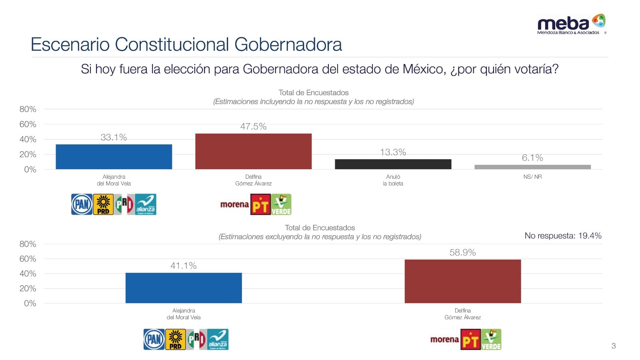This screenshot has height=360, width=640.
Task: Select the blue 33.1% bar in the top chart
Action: click(114, 157)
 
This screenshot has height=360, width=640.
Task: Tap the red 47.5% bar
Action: click(253, 151)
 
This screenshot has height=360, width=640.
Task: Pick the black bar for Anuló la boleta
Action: click(393, 164)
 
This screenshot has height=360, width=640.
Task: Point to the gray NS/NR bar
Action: click(532, 167)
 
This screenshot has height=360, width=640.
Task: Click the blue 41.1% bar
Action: click(184, 288)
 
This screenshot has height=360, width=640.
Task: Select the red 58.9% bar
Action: click(462, 281)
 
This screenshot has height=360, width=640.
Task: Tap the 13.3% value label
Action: click(393, 152)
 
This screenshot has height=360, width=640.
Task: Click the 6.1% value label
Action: click(532, 158)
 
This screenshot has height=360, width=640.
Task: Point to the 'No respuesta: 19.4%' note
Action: click(563, 236)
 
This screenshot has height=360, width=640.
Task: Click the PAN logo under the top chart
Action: click(82, 204)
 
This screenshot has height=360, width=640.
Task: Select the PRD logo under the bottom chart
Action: click(175, 340)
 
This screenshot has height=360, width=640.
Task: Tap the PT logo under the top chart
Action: click(260, 204)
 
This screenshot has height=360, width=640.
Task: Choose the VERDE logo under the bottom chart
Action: click(491, 340)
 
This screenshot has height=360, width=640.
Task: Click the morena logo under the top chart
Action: click(234, 204)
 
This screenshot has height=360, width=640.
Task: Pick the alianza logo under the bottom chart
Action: click(218, 340)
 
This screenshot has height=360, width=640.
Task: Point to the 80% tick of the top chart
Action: click(28, 109)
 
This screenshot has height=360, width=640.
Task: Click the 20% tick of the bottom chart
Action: click(28, 288)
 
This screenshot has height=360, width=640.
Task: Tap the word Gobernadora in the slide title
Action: click(288, 44)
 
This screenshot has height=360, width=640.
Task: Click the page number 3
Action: click(614, 346)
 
